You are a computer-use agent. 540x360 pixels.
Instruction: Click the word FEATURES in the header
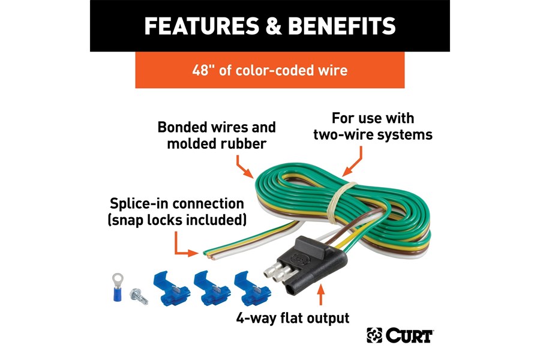[x=203, y=26]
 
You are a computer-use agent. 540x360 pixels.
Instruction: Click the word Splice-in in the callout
[x=137, y=204]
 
